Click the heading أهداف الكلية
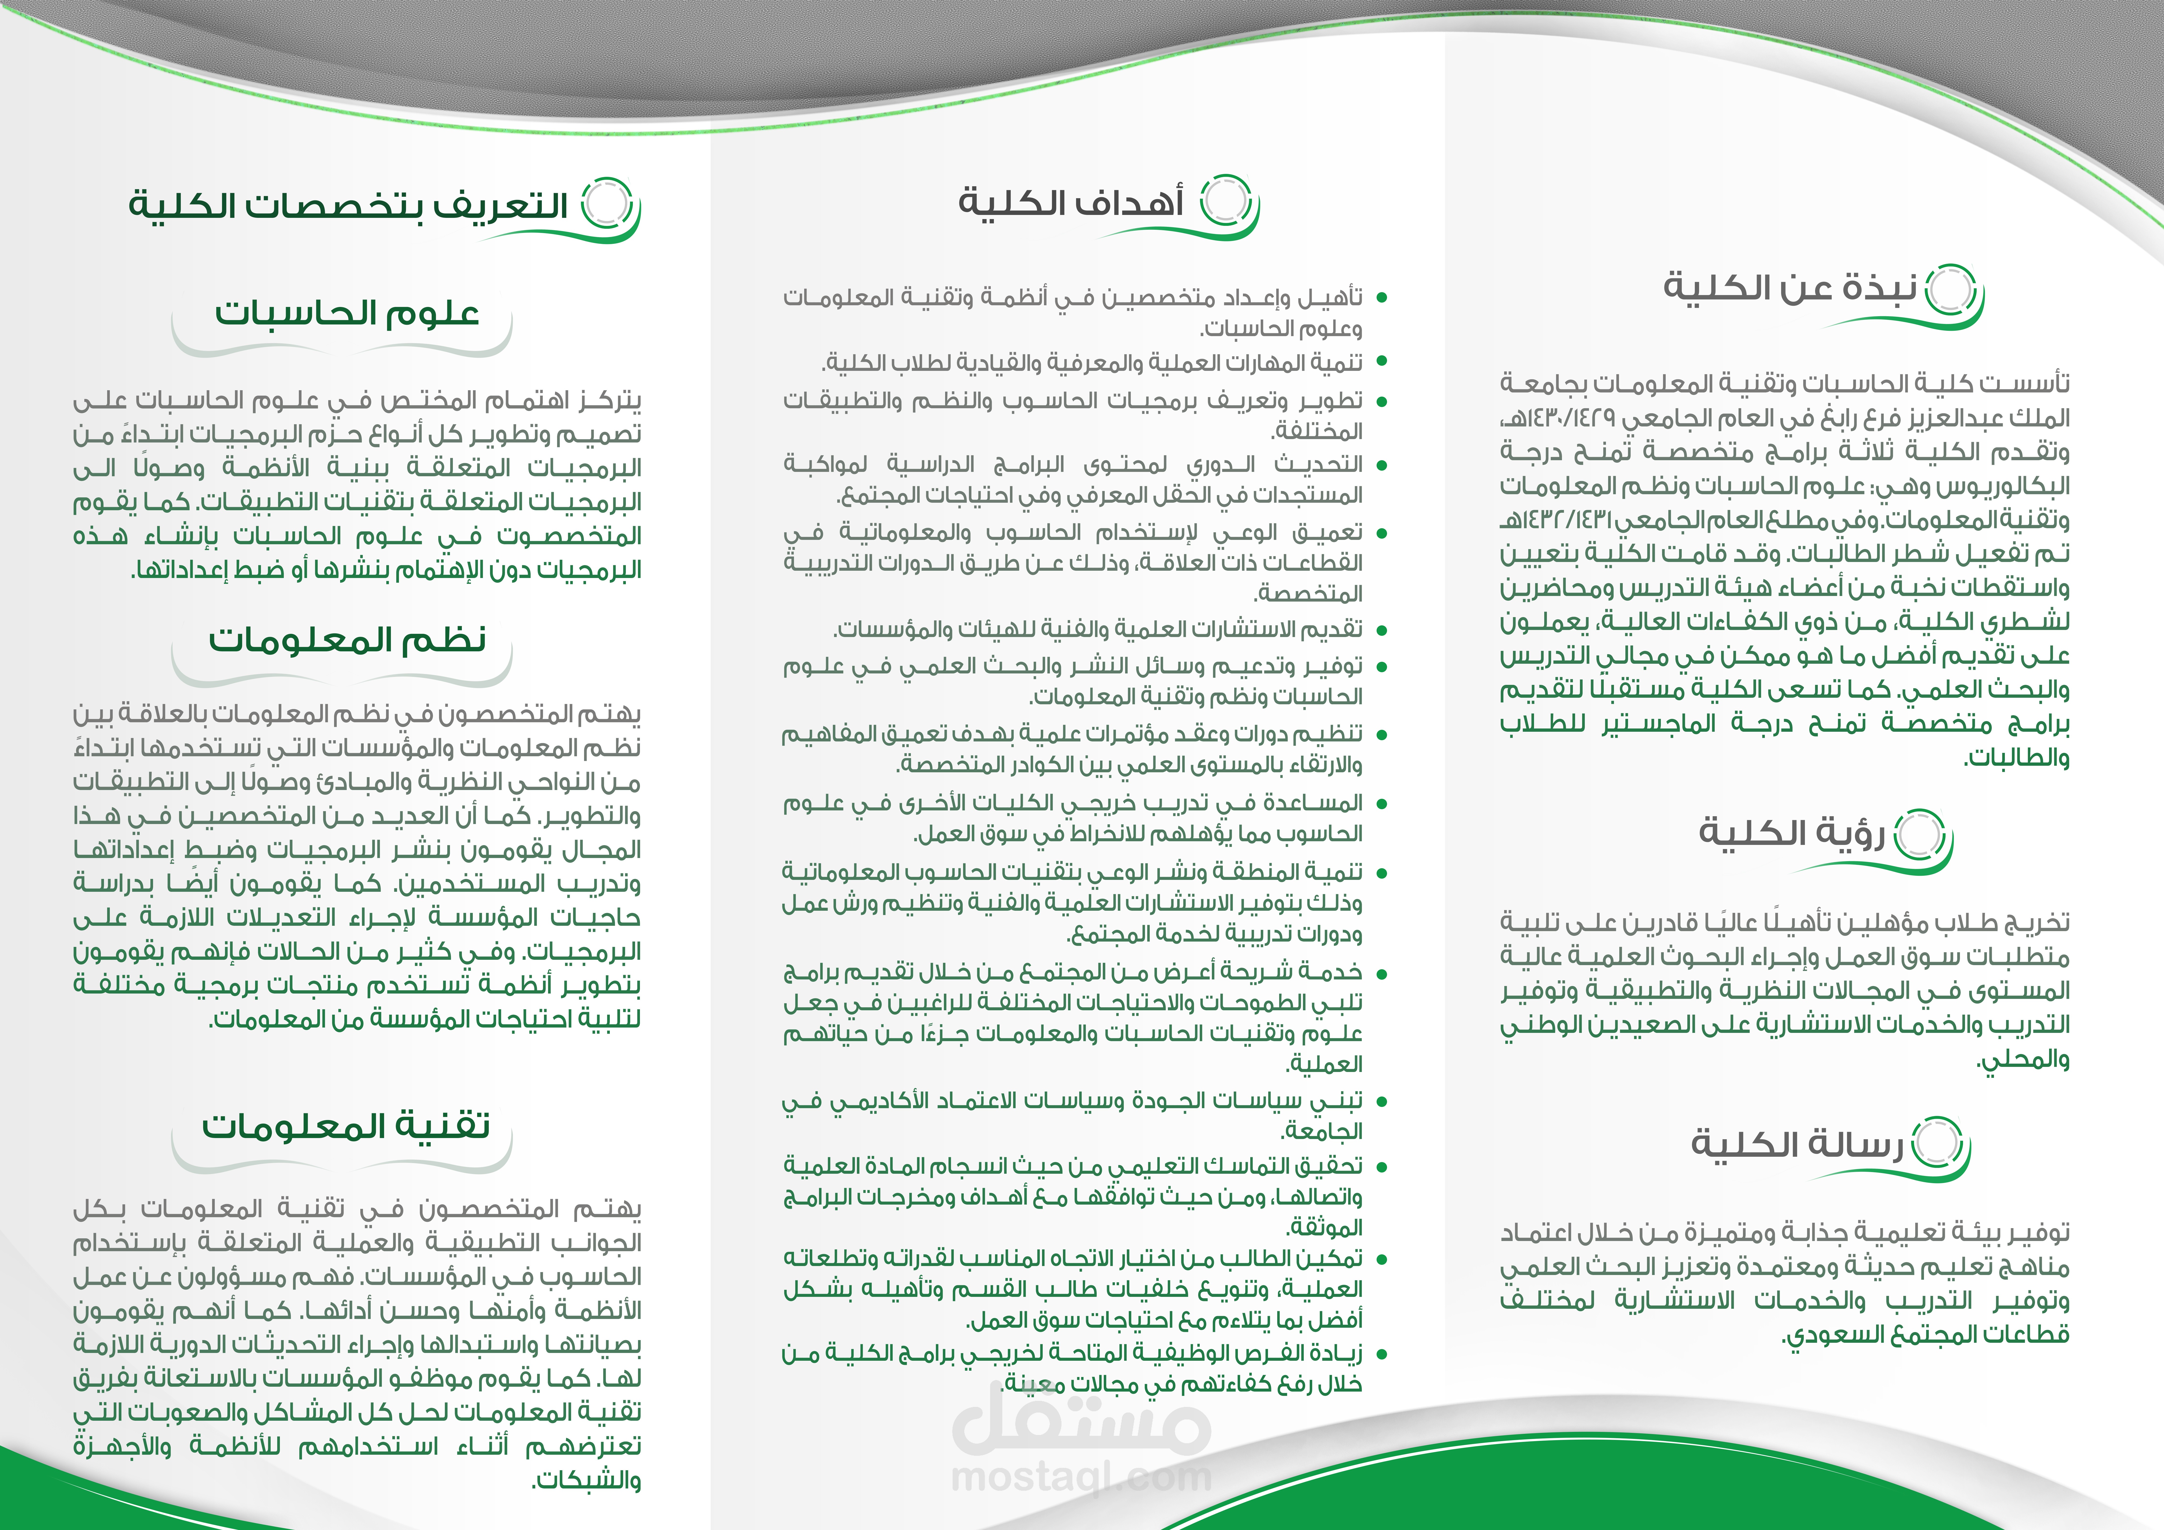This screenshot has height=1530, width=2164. coord(1071,203)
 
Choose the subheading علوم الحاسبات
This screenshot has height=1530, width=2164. coord(347,313)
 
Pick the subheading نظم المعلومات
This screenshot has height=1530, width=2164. coord(347,640)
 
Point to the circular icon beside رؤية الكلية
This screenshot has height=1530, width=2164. coord(1919,835)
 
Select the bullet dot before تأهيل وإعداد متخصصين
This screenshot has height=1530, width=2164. coord(1382,298)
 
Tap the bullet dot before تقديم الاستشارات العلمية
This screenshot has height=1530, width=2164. coord(1382,629)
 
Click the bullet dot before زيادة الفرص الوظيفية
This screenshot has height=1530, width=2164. coord(1382,1355)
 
